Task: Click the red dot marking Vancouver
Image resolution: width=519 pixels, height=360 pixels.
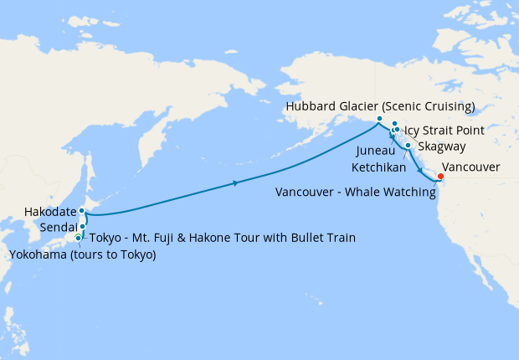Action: pos(440,176)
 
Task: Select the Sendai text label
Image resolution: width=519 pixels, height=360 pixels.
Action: pos(58,227)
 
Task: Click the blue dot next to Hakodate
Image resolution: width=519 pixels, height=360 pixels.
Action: pos(82,211)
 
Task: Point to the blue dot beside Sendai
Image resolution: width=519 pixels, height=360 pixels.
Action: pos(83,226)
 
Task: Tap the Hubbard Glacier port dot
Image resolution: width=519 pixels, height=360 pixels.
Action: pos(379,118)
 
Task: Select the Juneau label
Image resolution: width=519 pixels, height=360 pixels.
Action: pos(377,152)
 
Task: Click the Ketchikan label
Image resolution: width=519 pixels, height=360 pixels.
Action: pos(379,167)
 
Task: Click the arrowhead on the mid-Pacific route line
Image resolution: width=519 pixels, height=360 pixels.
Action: pos(238,183)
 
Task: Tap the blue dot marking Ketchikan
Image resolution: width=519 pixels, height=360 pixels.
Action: pos(408,146)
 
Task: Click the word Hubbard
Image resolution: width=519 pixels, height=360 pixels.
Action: pos(310,106)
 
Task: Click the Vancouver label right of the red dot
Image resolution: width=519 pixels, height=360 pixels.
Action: pos(470,167)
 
